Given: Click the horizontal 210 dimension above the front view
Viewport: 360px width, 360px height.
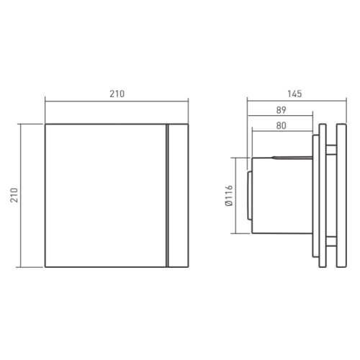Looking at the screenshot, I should (118, 93).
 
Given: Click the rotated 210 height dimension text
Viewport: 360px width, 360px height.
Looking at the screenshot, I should (15, 194).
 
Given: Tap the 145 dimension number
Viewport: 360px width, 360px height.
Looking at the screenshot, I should (292, 93).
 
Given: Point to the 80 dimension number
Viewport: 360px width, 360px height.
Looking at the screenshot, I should (282, 125).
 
